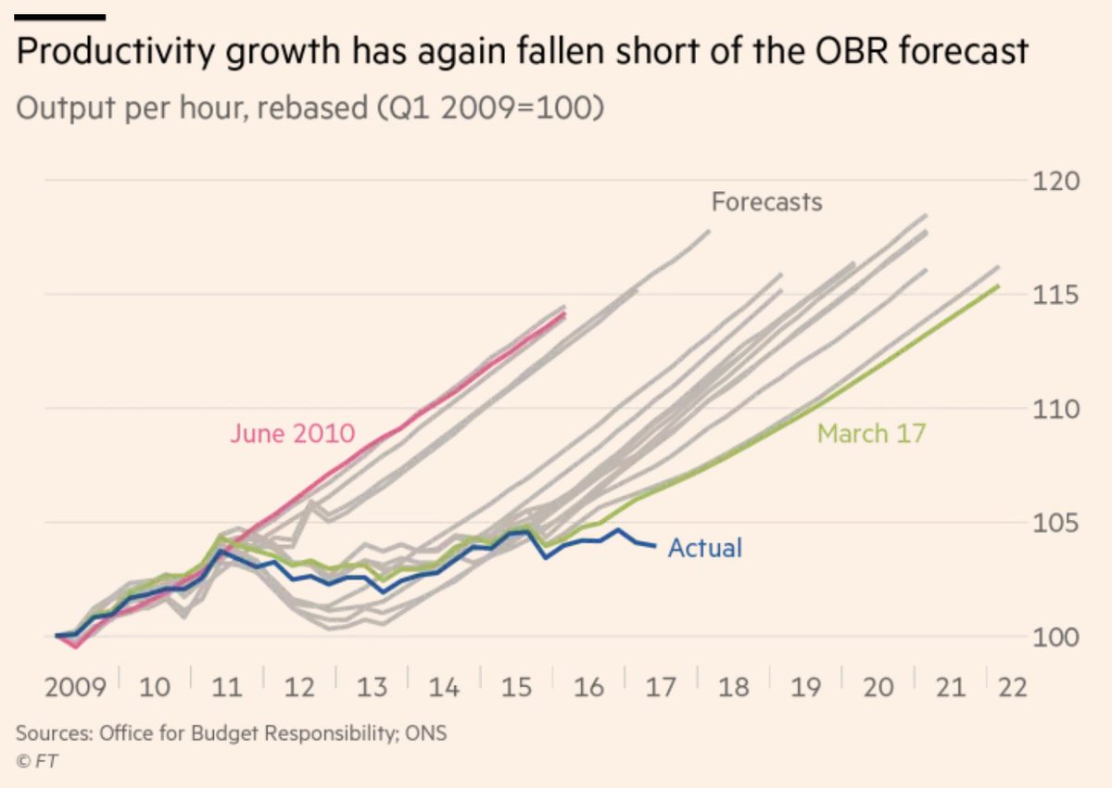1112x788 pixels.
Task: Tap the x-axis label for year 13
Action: (373, 688)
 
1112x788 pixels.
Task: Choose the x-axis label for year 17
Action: (663, 688)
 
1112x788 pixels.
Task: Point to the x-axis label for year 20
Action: (878, 688)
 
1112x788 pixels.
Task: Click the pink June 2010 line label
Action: (292, 434)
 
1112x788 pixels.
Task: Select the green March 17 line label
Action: (871, 433)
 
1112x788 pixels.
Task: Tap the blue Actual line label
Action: (705, 548)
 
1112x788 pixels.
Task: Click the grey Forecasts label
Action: (766, 201)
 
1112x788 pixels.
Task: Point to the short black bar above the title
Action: (60, 17)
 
